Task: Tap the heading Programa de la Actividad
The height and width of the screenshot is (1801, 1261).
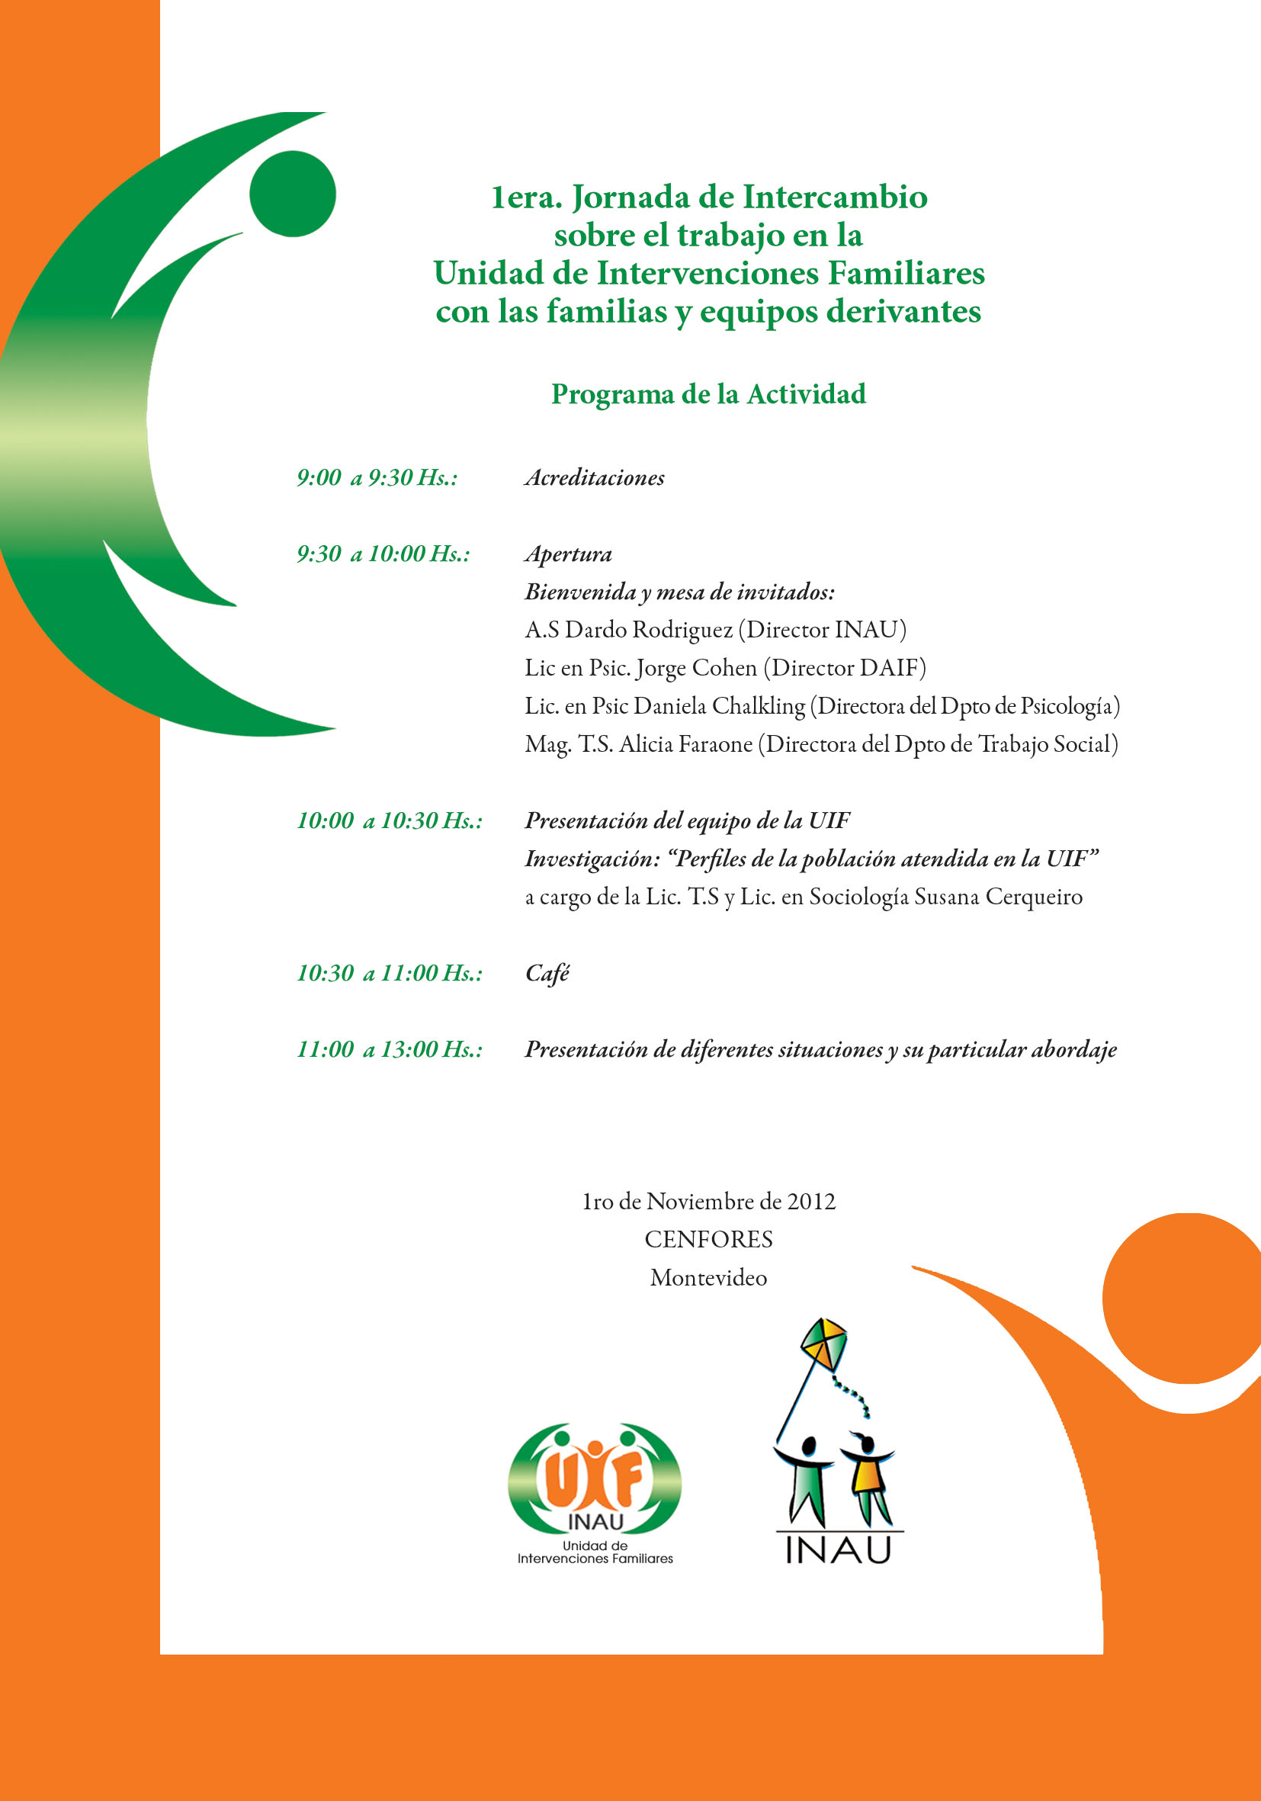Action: (708, 393)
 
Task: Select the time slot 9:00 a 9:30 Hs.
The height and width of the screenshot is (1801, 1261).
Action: (377, 478)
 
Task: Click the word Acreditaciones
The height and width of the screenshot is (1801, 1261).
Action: (595, 478)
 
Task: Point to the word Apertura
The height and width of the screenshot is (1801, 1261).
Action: (568, 554)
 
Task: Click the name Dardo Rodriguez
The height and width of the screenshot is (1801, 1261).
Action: (649, 630)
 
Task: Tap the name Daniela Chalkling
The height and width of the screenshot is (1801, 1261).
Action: (719, 706)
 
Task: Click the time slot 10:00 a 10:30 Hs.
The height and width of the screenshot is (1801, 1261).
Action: (389, 821)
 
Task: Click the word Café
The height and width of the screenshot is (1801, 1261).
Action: (547, 974)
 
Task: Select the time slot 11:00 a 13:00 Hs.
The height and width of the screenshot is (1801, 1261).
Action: (389, 1049)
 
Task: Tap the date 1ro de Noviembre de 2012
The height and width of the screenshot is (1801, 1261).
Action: (708, 1202)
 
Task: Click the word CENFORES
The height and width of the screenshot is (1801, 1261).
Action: (708, 1239)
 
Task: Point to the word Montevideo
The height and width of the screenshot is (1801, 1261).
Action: (708, 1278)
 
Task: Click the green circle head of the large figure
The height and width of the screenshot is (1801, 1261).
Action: (293, 194)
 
